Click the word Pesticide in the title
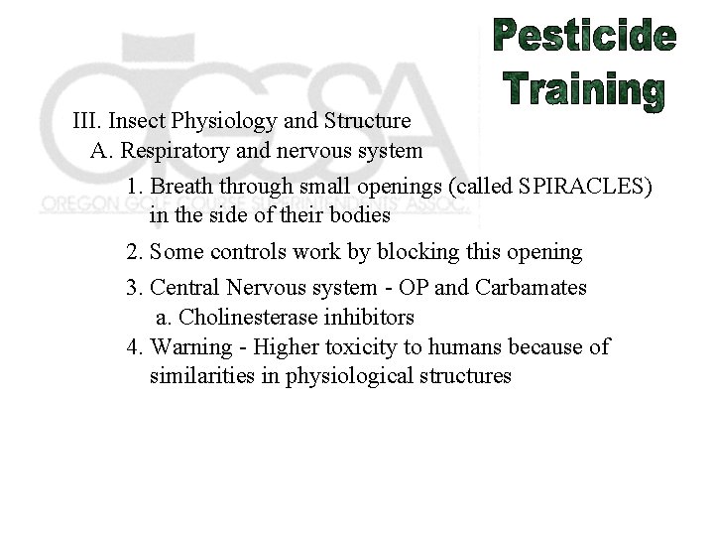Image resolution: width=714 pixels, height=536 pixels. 586,38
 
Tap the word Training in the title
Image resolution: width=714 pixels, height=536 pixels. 586,89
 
